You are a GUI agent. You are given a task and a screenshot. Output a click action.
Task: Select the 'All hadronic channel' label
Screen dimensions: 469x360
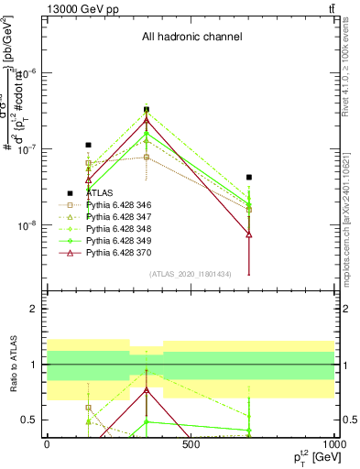pyautogui.click(x=191, y=38)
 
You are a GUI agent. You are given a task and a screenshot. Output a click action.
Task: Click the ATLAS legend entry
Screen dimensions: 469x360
pyautogui.click(x=100, y=193)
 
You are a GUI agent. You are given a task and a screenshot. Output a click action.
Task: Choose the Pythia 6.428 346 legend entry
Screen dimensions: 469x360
pyautogui.click(x=127, y=204)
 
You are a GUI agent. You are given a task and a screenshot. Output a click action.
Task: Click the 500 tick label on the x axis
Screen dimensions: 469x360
pyautogui.click(x=191, y=444)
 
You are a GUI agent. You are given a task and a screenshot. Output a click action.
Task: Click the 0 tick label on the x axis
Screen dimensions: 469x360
pyautogui.click(x=46, y=444)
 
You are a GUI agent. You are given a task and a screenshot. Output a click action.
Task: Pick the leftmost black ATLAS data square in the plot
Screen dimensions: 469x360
pyautogui.click(x=88, y=145)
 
